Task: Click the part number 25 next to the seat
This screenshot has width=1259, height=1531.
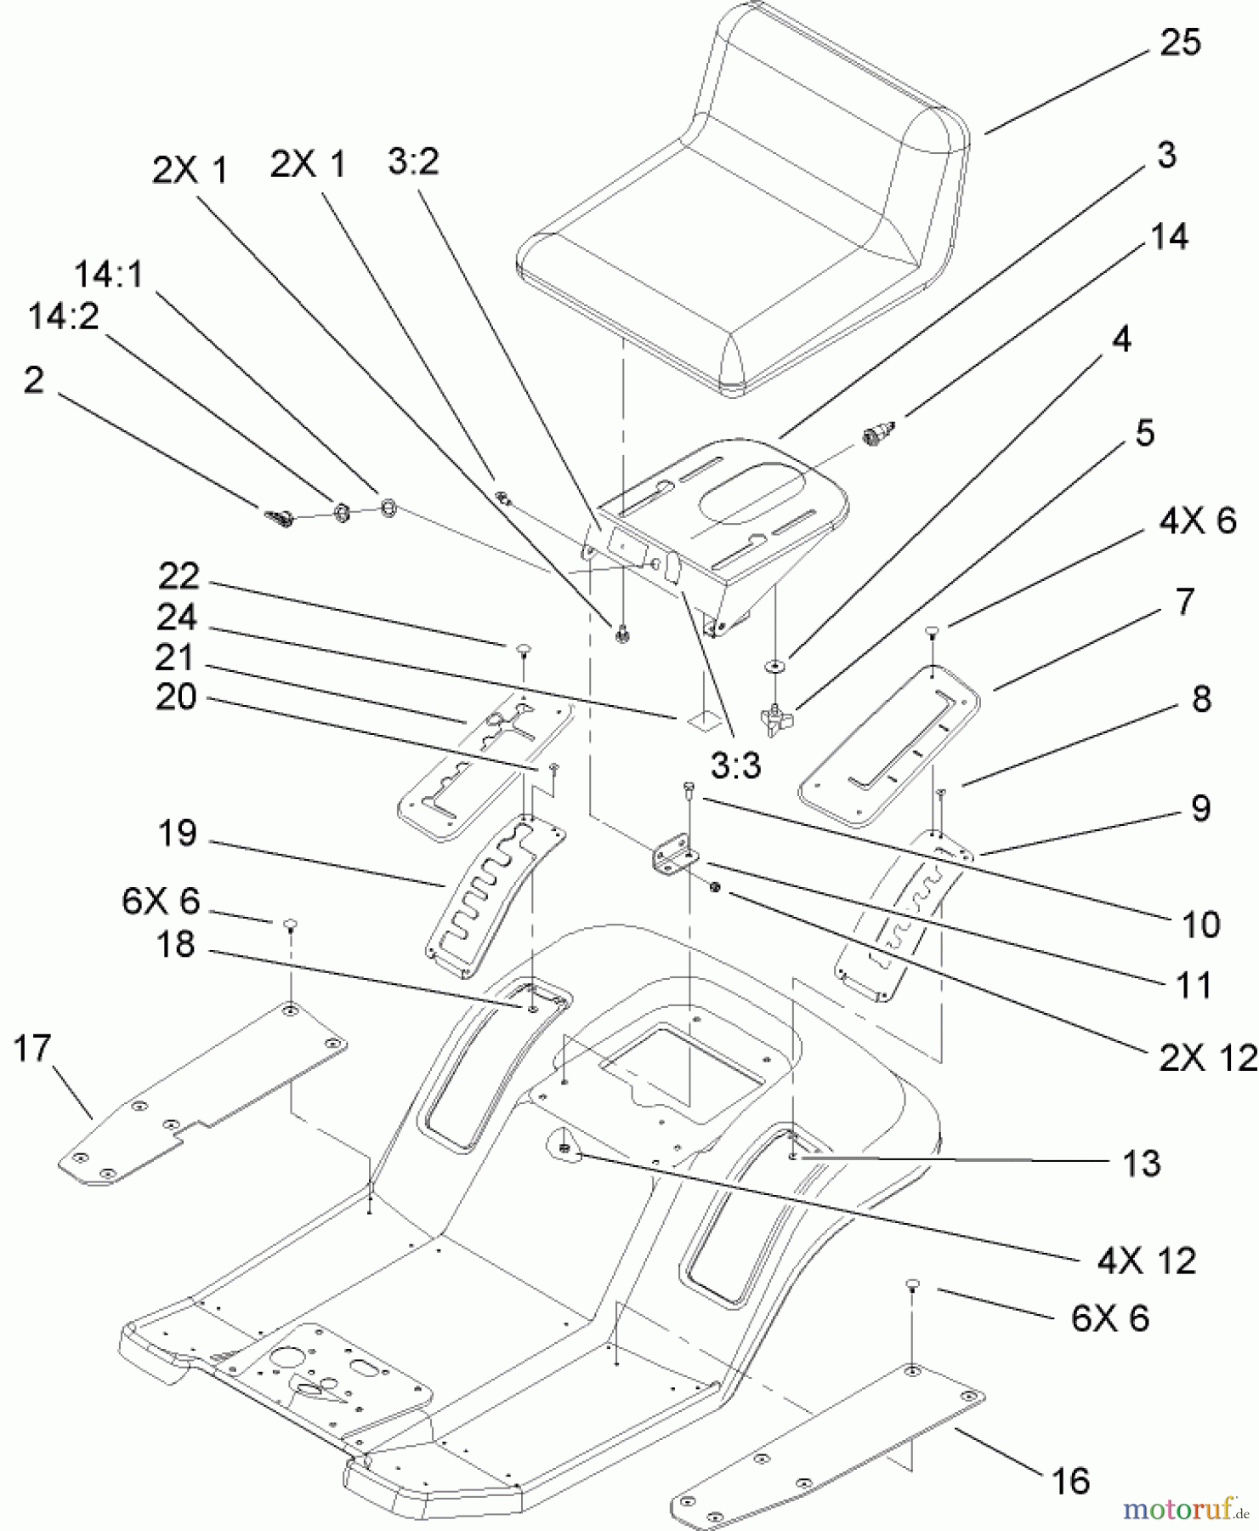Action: (x=1179, y=43)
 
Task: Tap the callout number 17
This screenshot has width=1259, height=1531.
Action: (x=32, y=1048)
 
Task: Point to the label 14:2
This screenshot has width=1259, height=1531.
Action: (x=63, y=317)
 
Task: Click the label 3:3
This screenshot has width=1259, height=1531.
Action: (x=735, y=767)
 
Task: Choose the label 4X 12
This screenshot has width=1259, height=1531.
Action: (x=1146, y=1261)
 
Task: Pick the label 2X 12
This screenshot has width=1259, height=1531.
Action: (x=1206, y=1058)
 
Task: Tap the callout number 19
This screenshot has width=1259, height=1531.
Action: (x=177, y=834)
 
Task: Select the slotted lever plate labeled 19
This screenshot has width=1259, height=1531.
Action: (x=493, y=893)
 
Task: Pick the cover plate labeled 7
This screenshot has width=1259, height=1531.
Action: (x=888, y=744)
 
